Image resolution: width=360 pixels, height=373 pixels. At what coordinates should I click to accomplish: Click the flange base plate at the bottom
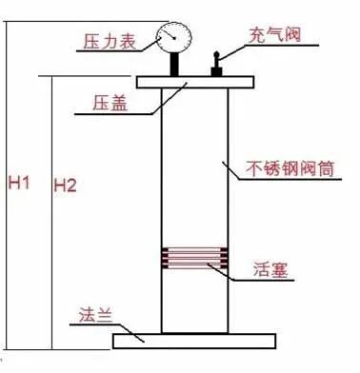tap(195, 339)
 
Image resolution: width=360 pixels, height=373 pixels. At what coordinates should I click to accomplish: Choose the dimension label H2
tap(66, 182)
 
